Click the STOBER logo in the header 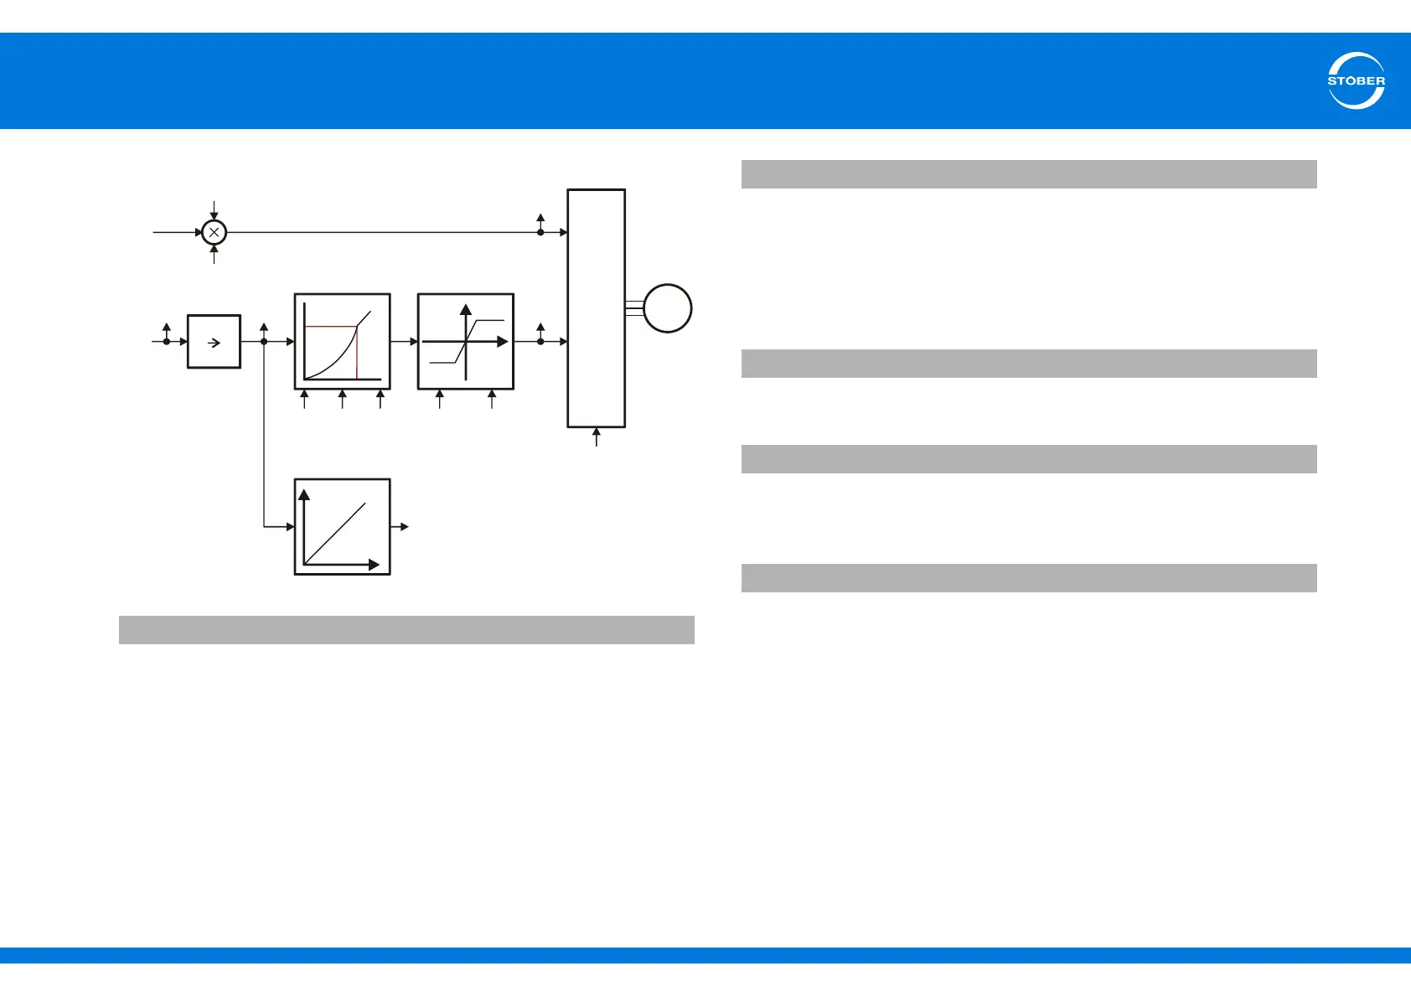[x=1356, y=81]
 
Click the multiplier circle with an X [x=214, y=232]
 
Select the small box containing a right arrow [x=214, y=342]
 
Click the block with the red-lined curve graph [x=342, y=342]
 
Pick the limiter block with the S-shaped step [x=465, y=342]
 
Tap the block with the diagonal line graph [x=342, y=527]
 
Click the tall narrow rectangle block [x=596, y=308]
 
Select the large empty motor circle [x=667, y=308]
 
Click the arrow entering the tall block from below [x=597, y=437]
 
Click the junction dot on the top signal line [x=540, y=232]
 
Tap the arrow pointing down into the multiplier [x=214, y=210]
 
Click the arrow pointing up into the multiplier [x=214, y=254]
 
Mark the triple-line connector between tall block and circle [x=634, y=308]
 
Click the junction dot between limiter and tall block [x=540, y=342]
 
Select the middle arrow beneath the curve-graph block [x=342, y=399]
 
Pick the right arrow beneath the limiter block [x=491, y=399]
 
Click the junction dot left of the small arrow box [x=167, y=342]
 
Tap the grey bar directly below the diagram [x=406, y=630]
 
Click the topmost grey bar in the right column [x=1029, y=174]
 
